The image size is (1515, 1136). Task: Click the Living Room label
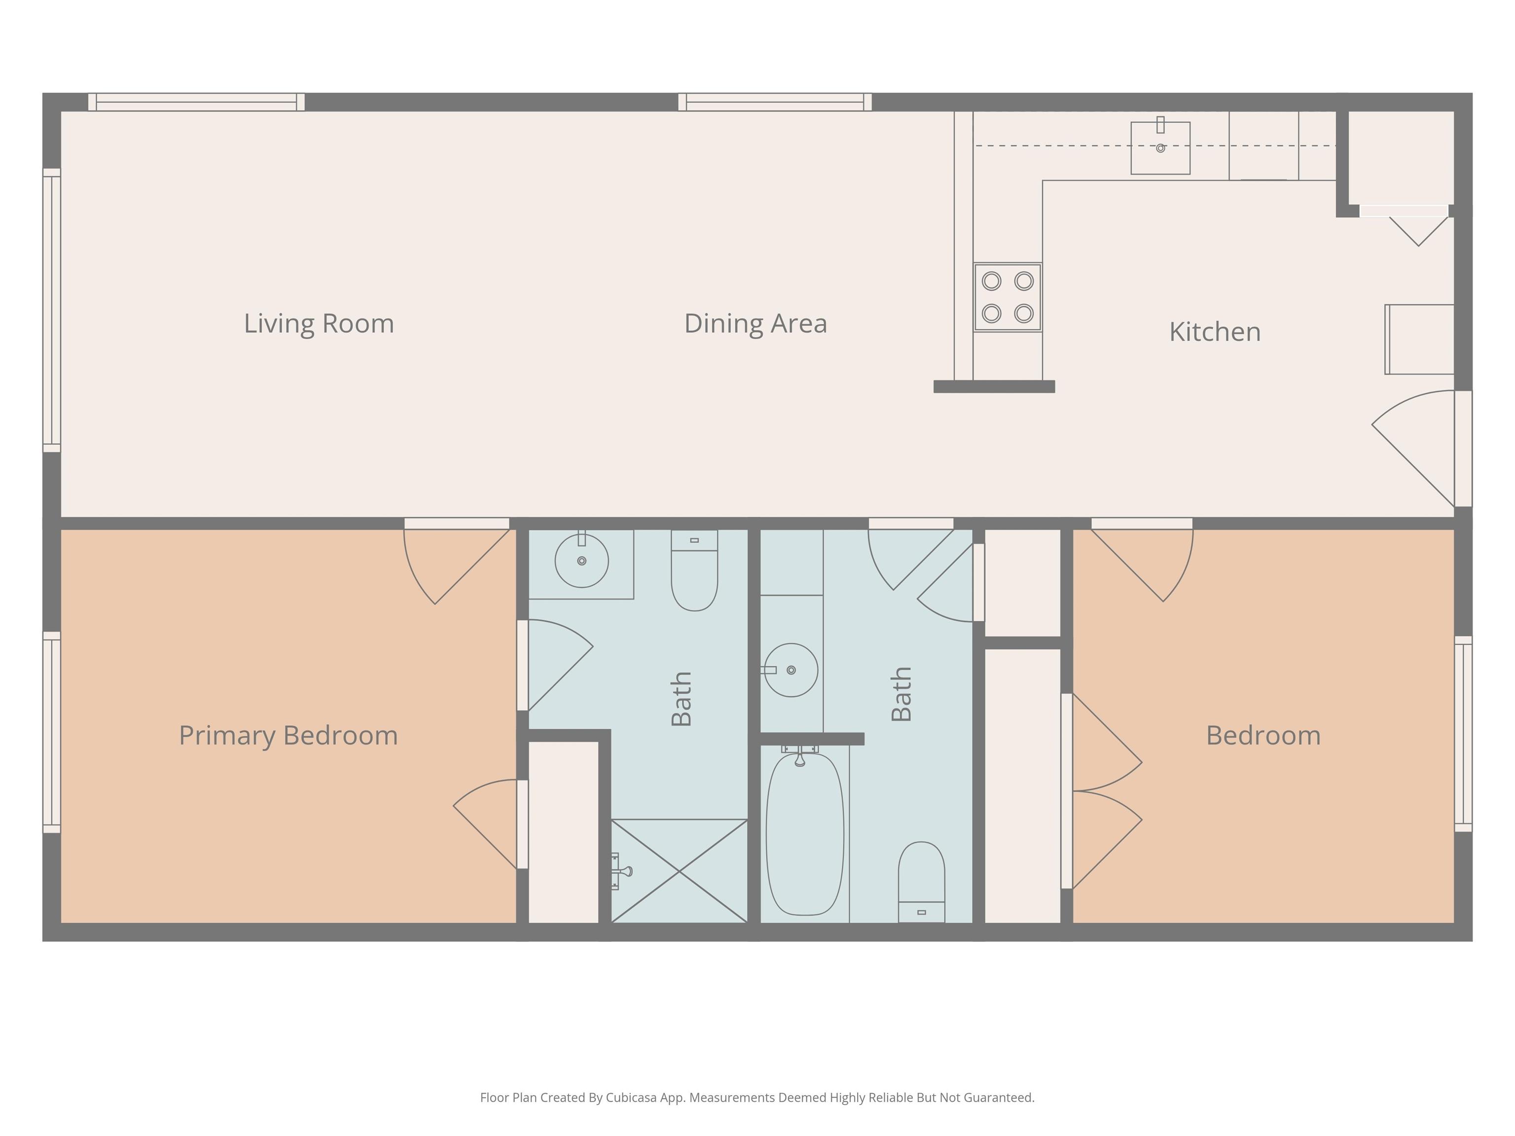click(319, 324)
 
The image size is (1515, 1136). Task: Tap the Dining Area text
click(756, 324)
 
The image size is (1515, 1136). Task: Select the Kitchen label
click(1214, 332)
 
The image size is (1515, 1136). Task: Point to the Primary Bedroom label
click(289, 736)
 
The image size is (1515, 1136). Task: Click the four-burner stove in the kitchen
click(1008, 297)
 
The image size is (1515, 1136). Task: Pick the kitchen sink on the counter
click(1160, 148)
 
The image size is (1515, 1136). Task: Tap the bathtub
click(805, 834)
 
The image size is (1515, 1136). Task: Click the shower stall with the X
click(679, 871)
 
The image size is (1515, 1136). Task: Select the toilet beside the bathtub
click(921, 882)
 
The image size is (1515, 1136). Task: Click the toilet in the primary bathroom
click(694, 569)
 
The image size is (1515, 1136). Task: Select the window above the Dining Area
click(775, 102)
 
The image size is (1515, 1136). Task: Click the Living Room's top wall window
click(197, 102)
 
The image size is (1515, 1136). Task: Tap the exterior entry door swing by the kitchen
click(1413, 449)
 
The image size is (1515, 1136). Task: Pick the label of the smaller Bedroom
click(1263, 736)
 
